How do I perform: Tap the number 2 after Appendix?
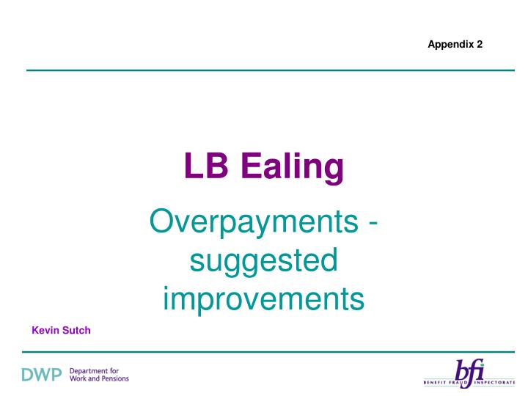[x=480, y=44]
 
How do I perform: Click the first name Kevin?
[x=45, y=331]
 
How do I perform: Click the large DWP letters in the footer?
[x=36, y=375]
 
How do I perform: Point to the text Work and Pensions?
[x=98, y=379]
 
